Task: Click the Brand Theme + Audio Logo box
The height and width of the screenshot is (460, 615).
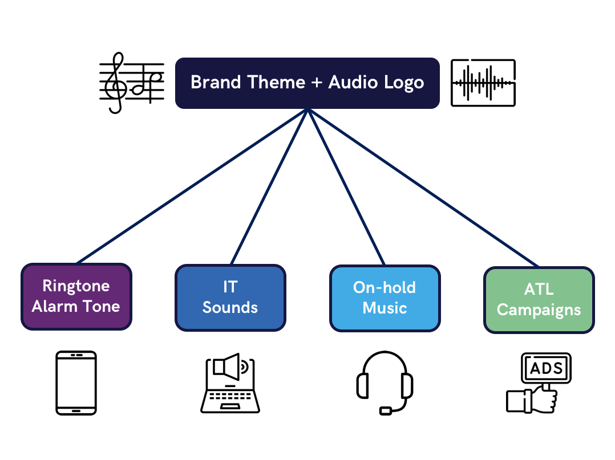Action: (x=307, y=83)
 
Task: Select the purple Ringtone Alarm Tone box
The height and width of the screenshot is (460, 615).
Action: (x=76, y=296)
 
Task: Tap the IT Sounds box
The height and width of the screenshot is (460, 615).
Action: (x=230, y=298)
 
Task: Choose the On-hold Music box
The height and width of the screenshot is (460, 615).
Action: (x=385, y=299)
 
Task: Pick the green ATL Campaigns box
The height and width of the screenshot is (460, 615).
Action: (x=539, y=300)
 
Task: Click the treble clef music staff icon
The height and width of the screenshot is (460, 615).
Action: (x=131, y=83)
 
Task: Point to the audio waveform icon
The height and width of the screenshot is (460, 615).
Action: (x=483, y=83)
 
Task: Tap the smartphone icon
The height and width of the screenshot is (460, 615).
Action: (x=76, y=383)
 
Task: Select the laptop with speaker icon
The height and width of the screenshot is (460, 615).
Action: (x=230, y=383)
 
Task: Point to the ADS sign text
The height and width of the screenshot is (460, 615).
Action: (x=547, y=368)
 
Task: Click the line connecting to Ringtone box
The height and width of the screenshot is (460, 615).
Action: (x=192, y=186)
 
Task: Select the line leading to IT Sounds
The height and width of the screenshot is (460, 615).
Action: (x=269, y=187)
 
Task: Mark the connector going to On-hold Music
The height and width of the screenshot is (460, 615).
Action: (x=346, y=188)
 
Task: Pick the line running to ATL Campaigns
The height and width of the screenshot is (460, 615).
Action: (x=423, y=188)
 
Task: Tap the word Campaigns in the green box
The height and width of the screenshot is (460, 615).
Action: (x=539, y=310)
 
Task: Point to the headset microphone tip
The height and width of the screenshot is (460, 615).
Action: (x=386, y=411)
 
